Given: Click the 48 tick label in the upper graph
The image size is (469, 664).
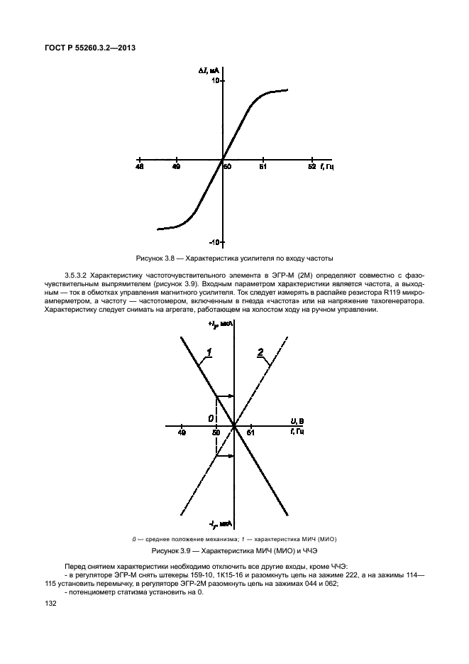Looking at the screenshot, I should pyautogui.click(x=139, y=168).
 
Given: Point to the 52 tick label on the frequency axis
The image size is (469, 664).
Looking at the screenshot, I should pyautogui.click(x=311, y=168).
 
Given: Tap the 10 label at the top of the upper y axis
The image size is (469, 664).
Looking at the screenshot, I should pyautogui.click(x=213, y=81).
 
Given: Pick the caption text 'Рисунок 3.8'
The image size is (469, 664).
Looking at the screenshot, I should pyautogui.click(x=155, y=258).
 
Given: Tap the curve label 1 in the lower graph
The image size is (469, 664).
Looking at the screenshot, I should pyautogui.click(x=209, y=352).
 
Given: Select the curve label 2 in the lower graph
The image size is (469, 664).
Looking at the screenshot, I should pyautogui.click(x=260, y=352).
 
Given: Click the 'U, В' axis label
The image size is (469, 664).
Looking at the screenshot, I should pyautogui.click(x=298, y=422).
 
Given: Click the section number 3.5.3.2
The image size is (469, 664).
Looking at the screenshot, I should pyautogui.click(x=77, y=273).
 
